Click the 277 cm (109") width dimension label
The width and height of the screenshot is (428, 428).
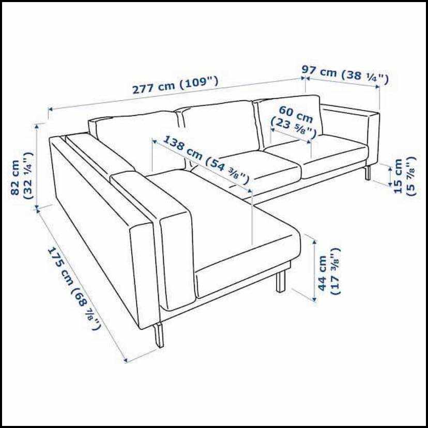coord(175,85)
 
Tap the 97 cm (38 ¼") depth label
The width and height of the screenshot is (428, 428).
coord(345,74)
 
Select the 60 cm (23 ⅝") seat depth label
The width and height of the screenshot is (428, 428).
coord(294,122)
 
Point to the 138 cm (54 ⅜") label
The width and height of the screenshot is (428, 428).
coord(206,159)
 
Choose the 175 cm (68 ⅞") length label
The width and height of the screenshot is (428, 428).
coord(74,288)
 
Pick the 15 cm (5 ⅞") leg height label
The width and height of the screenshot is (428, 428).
coord(405,176)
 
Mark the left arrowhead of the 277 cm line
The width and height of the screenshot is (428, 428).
coord(50,110)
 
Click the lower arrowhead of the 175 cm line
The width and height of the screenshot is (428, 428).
coord(125,361)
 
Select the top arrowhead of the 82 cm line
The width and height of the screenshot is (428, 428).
coord(37,126)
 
